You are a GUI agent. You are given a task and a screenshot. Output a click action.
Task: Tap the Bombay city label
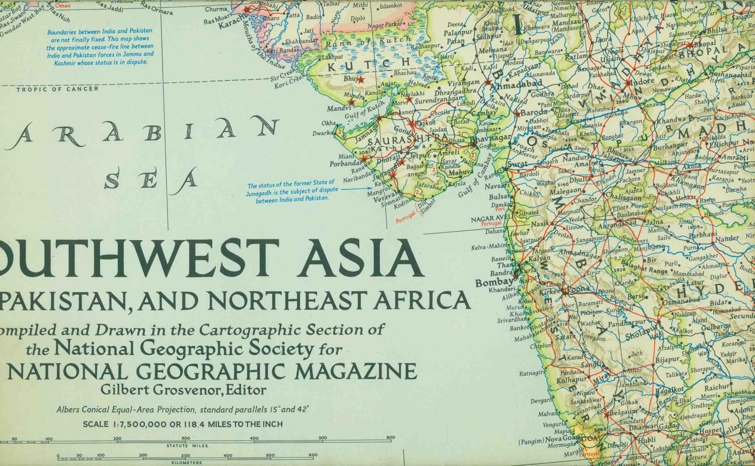pos(495,283)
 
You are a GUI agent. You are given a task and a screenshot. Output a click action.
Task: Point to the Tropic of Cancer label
pos(58,89)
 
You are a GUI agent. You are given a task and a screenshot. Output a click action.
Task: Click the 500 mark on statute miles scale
pos(323,438)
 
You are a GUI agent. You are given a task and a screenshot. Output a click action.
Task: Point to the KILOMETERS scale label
pos(187,463)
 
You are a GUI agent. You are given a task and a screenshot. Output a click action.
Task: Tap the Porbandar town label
pos(345,164)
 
